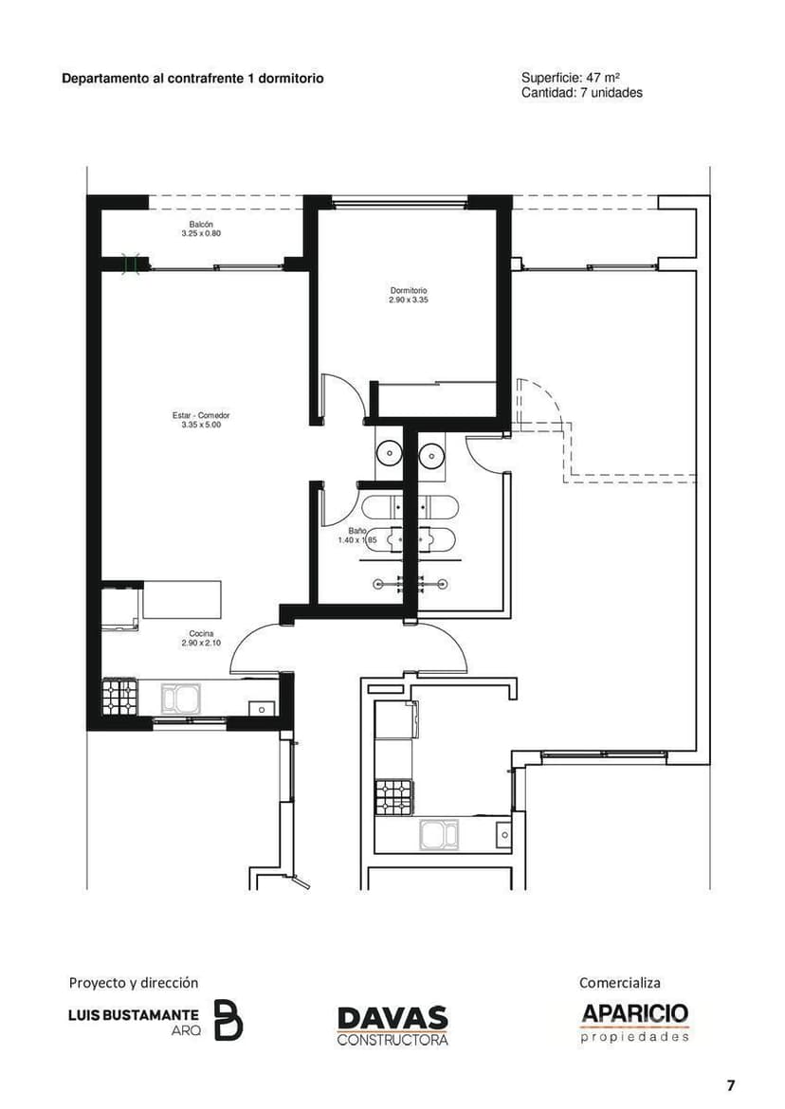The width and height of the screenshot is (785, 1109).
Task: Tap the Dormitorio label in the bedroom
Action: click(408, 291)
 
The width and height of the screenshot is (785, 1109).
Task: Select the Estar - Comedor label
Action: click(201, 416)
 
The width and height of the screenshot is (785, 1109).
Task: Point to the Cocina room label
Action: click(201, 634)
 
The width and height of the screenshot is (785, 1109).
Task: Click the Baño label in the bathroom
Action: click(357, 531)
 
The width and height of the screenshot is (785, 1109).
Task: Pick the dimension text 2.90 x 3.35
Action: click(408, 300)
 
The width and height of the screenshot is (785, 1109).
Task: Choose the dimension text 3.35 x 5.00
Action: click(201, 425)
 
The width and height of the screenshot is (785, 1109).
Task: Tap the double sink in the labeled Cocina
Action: click(180, 698)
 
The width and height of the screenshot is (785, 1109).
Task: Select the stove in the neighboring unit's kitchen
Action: click(393, 797)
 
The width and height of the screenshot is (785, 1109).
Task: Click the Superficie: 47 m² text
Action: click(571, 78)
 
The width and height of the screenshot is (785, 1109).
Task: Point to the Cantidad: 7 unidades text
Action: click(582, 93)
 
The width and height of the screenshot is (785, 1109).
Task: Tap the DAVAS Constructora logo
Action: click(392, 1026)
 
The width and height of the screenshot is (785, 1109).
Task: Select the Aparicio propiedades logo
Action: click(634, 1023)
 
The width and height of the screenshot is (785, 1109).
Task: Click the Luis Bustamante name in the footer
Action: click(134, 1015)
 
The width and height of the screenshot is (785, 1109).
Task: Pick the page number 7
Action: click(731, 1085)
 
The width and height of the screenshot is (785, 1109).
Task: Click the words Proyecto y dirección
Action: click(134, 982)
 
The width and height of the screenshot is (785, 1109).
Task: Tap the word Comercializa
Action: click(619, 982)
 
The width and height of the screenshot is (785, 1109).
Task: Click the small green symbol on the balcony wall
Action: click(131, 264)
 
